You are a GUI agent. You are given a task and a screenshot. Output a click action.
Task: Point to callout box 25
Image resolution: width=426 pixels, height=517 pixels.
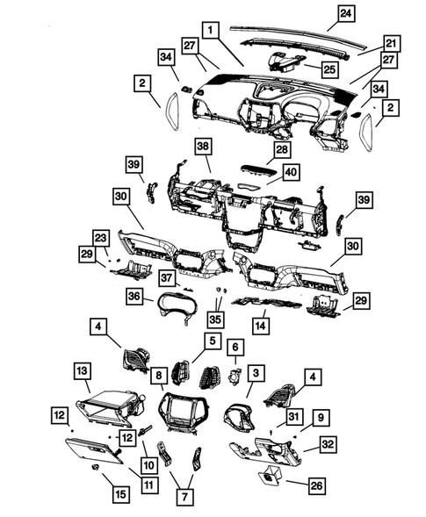[329, 68]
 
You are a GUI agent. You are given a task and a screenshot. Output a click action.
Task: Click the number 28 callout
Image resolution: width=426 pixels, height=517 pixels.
[282, 151]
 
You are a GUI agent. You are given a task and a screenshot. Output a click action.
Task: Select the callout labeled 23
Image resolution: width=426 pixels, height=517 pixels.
[101, 237]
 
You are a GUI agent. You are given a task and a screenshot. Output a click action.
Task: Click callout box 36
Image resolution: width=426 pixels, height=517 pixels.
[135, 298]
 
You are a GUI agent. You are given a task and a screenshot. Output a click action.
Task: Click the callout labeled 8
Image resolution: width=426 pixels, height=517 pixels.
[158, 375]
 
